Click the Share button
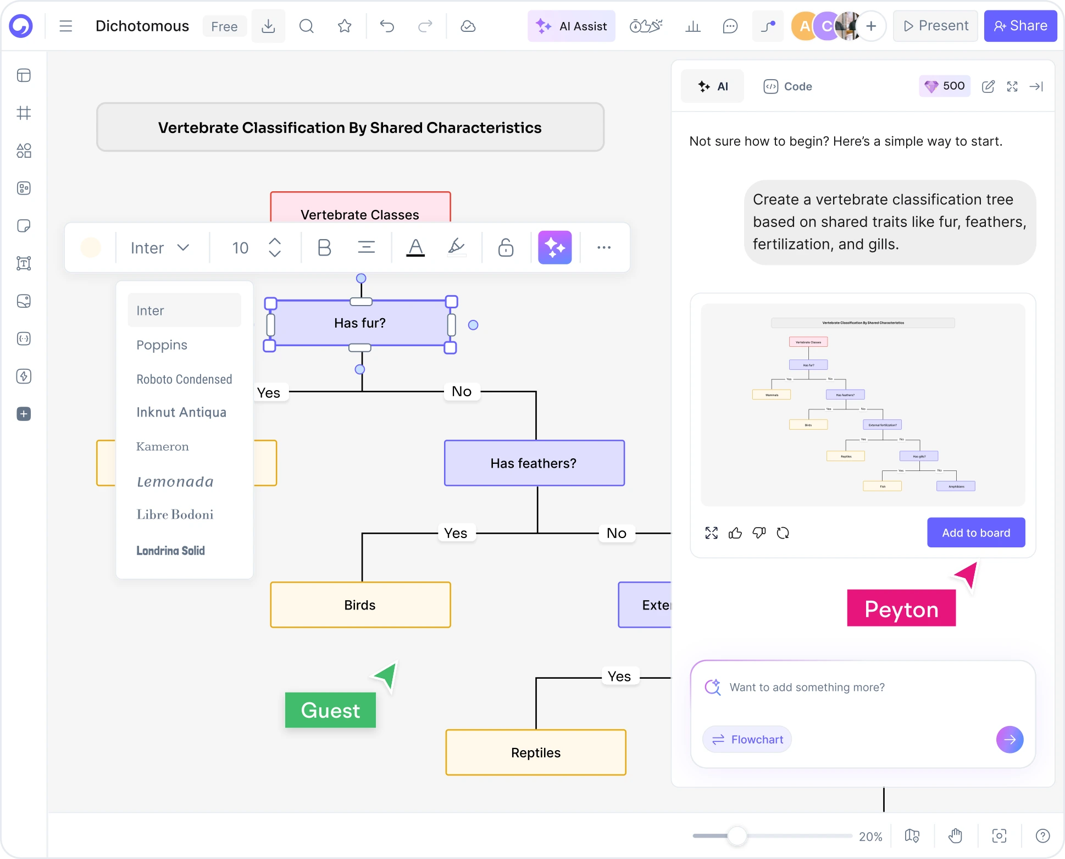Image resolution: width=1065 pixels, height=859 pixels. [x=1020, y=26]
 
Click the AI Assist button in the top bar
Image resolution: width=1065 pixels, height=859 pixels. [x=572, y=26]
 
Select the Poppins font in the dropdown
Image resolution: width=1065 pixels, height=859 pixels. [x=162, y=345]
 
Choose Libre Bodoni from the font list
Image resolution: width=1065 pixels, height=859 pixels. [x=175, y=514]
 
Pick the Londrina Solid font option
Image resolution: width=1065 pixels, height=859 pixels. [x=170, y=550]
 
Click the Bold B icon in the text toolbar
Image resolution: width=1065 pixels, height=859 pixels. [x=324, y=248]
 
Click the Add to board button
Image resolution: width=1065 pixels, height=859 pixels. [x=975, y=533]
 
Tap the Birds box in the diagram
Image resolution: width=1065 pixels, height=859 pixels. [x=360, y=605]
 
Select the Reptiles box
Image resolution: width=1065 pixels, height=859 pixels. [x=535, y=752]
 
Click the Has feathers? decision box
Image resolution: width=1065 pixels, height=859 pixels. [x=534, y=463]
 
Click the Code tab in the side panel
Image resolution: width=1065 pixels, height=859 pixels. [x=787, y=86]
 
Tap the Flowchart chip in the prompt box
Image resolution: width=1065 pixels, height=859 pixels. [x=747, y=739]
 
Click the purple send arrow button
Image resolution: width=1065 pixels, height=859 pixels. [x=1009, y=739]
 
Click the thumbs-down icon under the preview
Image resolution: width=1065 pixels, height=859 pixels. [x=759, y=533]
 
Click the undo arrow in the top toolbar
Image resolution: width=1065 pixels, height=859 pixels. [x=387, y=26]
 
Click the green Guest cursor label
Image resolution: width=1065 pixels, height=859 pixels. [x=330, y=710]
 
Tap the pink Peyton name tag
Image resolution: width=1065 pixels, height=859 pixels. [x=901, y=609]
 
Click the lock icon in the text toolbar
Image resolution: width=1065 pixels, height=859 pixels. [x=506, y=248]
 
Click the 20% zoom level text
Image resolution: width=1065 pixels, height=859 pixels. [x=870, y=836]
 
